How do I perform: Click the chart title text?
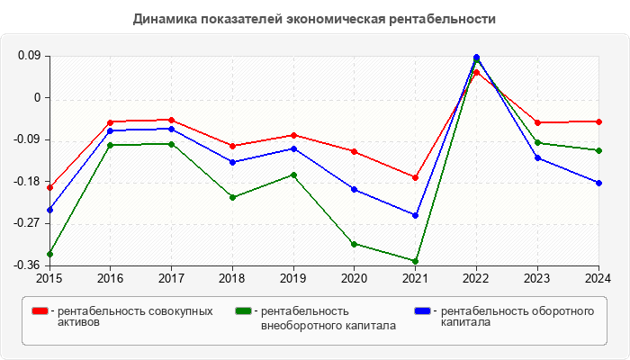point(314,19)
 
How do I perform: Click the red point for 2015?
point(49,187)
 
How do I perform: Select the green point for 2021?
point(416,261)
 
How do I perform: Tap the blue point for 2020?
point(355,189)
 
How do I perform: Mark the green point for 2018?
point(232,197)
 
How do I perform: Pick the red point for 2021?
point(416,177)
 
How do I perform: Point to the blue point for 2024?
point(598,183)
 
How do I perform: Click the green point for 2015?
point(49,254)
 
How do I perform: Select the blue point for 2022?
point(476,58)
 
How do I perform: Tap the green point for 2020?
point(355,244)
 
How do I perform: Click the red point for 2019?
point(293,135)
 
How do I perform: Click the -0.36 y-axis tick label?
point(28,265)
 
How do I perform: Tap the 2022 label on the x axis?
point(476,278)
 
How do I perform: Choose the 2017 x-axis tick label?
point(171,278)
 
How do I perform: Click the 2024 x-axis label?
point(598,278)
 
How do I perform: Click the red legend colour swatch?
point(40,311)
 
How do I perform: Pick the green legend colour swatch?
point(242,311)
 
